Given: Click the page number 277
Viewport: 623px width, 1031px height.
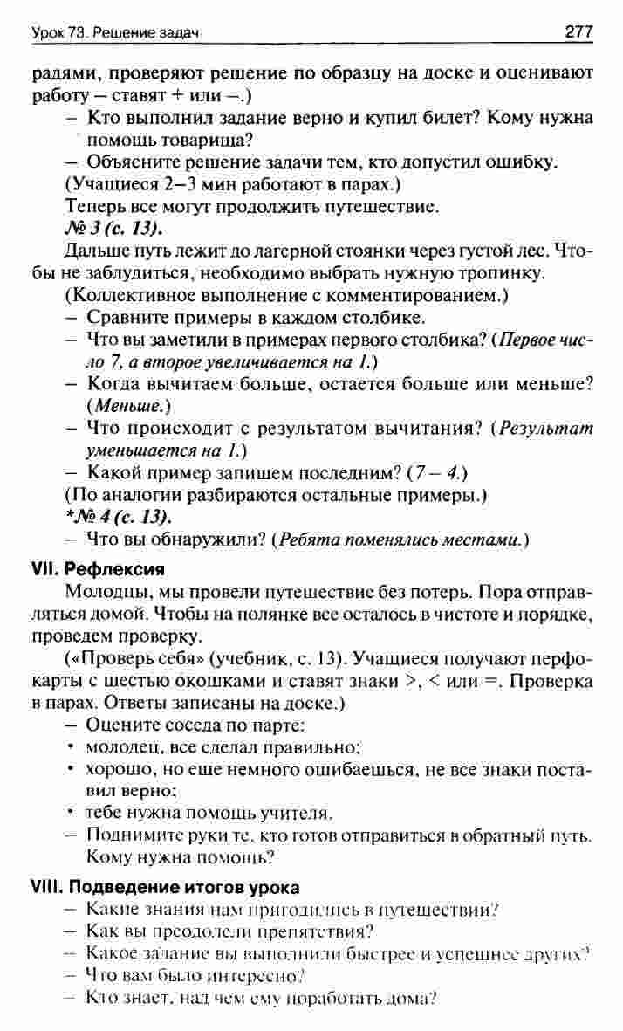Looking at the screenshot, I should [578, 33].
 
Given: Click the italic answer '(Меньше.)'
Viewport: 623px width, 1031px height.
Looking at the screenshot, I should [127, 406].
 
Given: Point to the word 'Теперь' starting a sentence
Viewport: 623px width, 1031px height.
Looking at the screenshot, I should [93, 207].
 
